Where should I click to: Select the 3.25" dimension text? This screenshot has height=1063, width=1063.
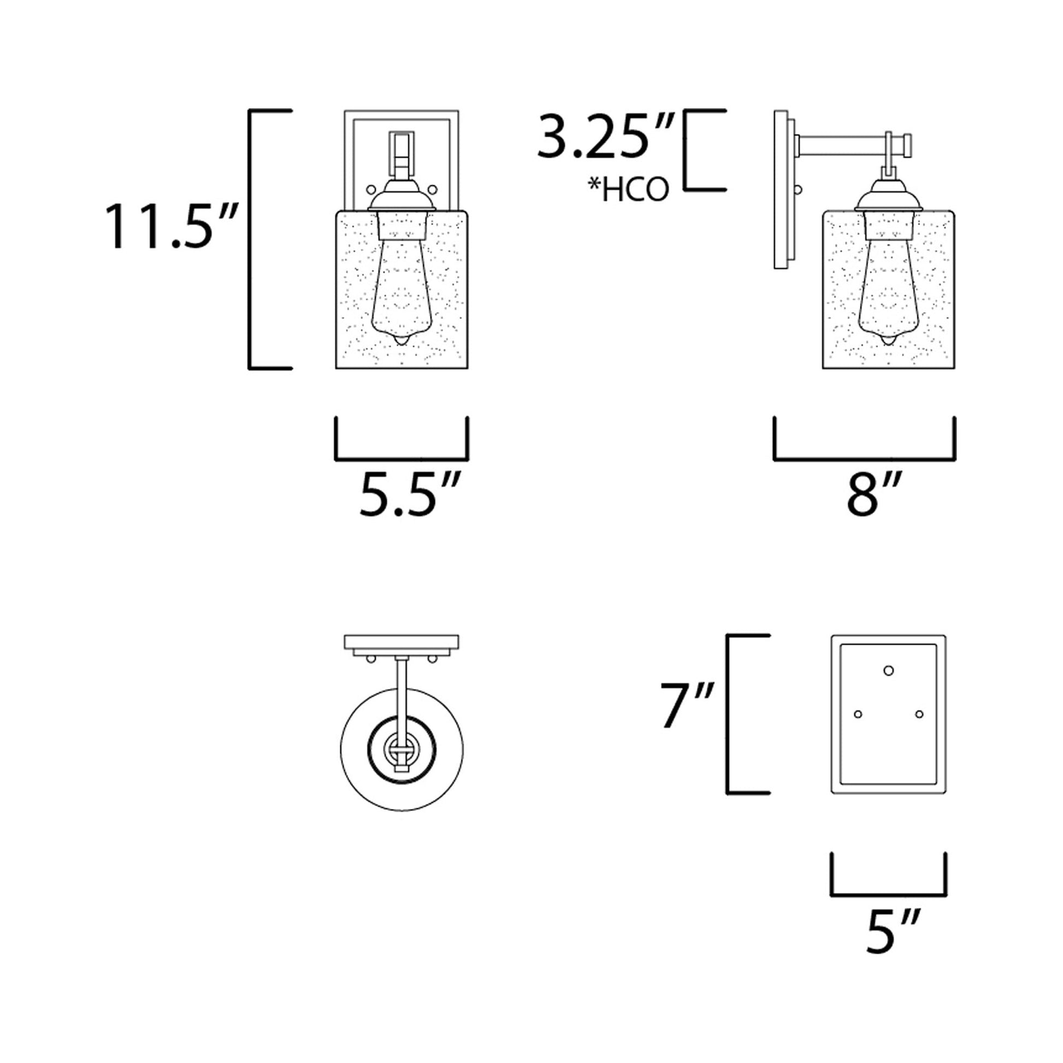[605, 137]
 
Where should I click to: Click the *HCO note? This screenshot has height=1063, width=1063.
[628, 190]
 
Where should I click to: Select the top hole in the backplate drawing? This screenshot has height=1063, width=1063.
[889, 670]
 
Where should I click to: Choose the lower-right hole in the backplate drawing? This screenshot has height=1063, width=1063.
[919, 714]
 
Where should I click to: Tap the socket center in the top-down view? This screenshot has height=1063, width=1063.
[401, 750]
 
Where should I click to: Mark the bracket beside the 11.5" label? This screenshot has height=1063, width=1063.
[252, 239]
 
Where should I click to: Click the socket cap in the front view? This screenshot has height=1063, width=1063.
[401, 199]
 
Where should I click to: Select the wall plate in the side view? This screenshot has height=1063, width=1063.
[780, 190]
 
